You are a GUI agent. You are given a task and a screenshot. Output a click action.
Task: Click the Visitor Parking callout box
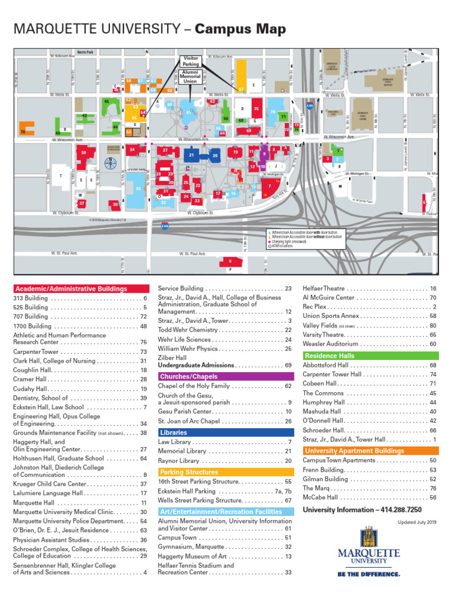(191, 61)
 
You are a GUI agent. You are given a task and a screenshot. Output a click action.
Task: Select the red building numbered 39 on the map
(84, 154)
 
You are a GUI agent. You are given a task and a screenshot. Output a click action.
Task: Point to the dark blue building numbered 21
(192, 155)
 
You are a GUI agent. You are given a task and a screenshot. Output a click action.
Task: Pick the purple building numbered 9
(265, 154)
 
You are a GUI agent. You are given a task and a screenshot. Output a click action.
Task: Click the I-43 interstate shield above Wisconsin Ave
(310, 106)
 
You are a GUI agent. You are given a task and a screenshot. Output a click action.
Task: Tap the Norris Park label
(85, 52)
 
